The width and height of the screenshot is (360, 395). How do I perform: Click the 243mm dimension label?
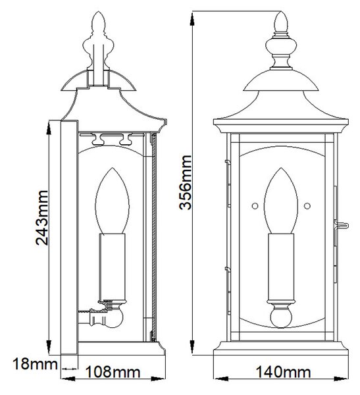42,218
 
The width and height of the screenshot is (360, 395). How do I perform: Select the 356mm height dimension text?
186,182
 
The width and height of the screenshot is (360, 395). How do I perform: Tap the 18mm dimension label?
35,364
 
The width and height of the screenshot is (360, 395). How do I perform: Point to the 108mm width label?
113,372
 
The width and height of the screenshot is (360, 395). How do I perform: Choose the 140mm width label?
283,372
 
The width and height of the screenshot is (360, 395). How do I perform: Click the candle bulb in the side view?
112,201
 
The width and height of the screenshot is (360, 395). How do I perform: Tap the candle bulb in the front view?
281,201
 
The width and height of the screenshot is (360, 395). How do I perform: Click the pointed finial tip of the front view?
281,12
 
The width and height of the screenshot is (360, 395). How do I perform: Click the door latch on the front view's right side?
341,226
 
